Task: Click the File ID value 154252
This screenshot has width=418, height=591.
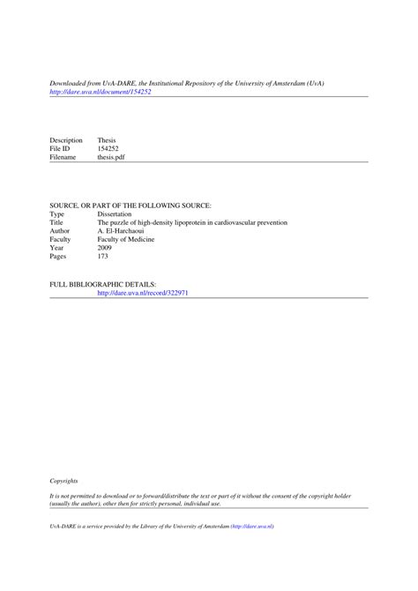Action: coord(108,149)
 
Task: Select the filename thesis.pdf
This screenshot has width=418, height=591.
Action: coord(113,158)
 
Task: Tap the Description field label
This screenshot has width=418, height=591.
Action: coord(66,140)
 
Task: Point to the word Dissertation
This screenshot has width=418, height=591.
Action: coord(115,214)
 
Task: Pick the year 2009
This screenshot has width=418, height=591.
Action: coord(105,248)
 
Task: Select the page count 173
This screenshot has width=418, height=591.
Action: coord(103,257)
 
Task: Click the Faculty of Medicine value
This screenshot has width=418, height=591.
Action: coord(126,240)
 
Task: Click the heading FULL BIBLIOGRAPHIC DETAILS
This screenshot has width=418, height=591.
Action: coord(103,284)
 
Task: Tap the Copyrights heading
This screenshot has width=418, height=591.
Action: coord(63,481)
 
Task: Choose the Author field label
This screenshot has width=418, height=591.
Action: coord(60,231)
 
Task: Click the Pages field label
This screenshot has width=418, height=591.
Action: coord(59,257)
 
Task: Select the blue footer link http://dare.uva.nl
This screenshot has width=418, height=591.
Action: coord(253,526)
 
